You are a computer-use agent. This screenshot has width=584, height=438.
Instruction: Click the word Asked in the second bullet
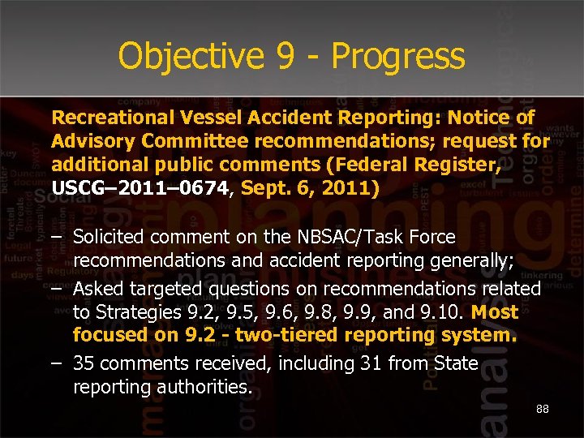tap(97, 289)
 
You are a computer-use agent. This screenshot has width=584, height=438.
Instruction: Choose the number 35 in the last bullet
tap(84, 364)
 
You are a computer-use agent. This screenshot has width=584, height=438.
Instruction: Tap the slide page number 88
tap(542, 409)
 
